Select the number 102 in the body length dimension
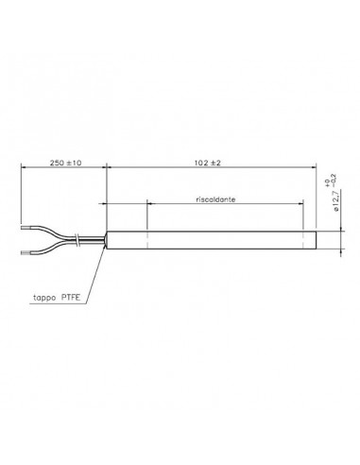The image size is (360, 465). pyautogui.click(x=198, y=164)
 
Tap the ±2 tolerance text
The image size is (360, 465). pyautogui.click(x=214, y=164)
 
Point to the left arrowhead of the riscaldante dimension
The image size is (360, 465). pyautogui.click(x=149, y=208)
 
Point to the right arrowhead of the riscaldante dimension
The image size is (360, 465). pyautogui.click(x=301, y=208)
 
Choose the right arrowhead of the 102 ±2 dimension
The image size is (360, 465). pyautogui.click(x=312, y=170)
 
